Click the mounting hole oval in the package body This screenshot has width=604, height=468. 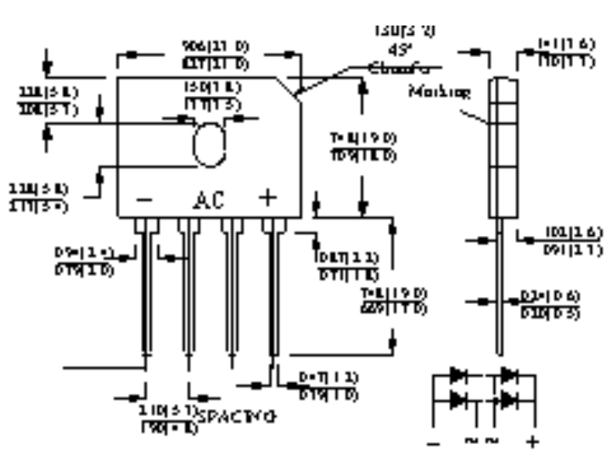point(209,145)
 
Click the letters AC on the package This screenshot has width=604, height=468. point(209,200)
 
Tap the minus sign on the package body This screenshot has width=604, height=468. point(144,199)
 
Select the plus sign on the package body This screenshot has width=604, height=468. point(267,198)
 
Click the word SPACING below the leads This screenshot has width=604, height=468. point(237,417)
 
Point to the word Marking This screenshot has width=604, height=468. point(440,92)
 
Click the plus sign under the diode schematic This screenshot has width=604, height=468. point(532,442)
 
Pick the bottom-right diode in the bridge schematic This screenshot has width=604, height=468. point(508,400)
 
